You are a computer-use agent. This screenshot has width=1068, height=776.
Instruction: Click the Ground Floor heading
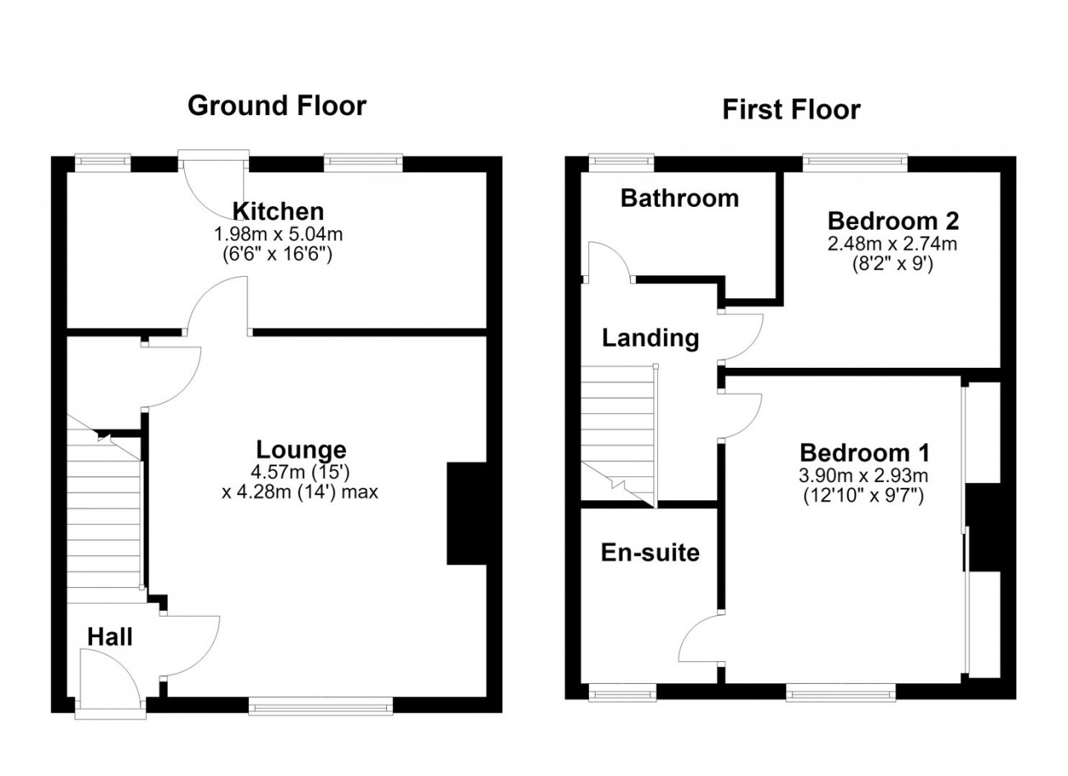tap(277, 106)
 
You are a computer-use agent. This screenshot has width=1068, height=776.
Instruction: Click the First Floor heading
tap(791, 110)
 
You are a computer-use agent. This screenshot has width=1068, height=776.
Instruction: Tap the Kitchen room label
tap(279, 211)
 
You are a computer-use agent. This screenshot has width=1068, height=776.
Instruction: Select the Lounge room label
tap(302, 449)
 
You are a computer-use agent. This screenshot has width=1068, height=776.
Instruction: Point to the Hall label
tap(109, 637)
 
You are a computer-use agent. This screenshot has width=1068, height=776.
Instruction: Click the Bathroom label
tap(680, 198)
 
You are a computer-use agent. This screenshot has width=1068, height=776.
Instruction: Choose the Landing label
tap(651, 338)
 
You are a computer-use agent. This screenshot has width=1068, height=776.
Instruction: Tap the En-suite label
tap(651, 553)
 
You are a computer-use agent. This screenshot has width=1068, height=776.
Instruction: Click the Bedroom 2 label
tap(894, 221)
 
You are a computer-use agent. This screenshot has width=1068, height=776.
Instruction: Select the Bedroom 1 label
tap(865, 452)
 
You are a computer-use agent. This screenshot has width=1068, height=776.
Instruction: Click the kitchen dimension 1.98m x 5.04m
tap(279, 234)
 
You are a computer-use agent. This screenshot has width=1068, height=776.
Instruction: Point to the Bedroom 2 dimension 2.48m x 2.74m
tap(892, 244)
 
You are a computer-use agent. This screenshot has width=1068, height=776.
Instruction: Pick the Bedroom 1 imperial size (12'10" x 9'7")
tap(864, 496)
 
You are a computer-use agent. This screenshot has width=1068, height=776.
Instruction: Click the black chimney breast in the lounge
tap(467, 513)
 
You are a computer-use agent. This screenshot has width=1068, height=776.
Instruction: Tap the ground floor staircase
tap(104, 508)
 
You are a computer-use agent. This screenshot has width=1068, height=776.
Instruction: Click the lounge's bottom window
tap(321, 706)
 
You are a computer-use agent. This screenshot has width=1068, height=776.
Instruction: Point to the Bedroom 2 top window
tap(855, 163)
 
